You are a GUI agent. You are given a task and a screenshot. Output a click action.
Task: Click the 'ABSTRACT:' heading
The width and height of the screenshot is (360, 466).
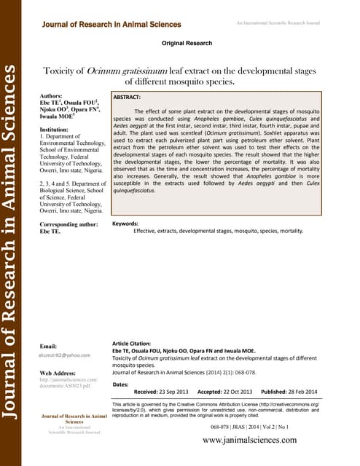tap(132, 96)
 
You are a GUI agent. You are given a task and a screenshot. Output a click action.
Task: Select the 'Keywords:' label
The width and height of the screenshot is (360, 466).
tap(125, 224)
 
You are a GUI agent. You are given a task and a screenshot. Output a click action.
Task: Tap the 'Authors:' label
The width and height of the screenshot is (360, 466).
tap(52, 96)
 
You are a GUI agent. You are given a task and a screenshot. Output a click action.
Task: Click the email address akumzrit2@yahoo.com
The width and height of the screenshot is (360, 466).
tap(65, 355)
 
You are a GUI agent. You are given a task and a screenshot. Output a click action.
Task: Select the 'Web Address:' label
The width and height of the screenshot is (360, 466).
tap(58, 373)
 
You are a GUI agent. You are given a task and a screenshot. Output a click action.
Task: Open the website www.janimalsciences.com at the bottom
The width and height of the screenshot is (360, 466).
tap(249, 441)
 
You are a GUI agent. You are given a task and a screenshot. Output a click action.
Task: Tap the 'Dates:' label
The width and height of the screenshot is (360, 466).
tap(121, 384)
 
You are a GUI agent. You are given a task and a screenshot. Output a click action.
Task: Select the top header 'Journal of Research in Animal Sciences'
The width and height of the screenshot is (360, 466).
tap(111, 25)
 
